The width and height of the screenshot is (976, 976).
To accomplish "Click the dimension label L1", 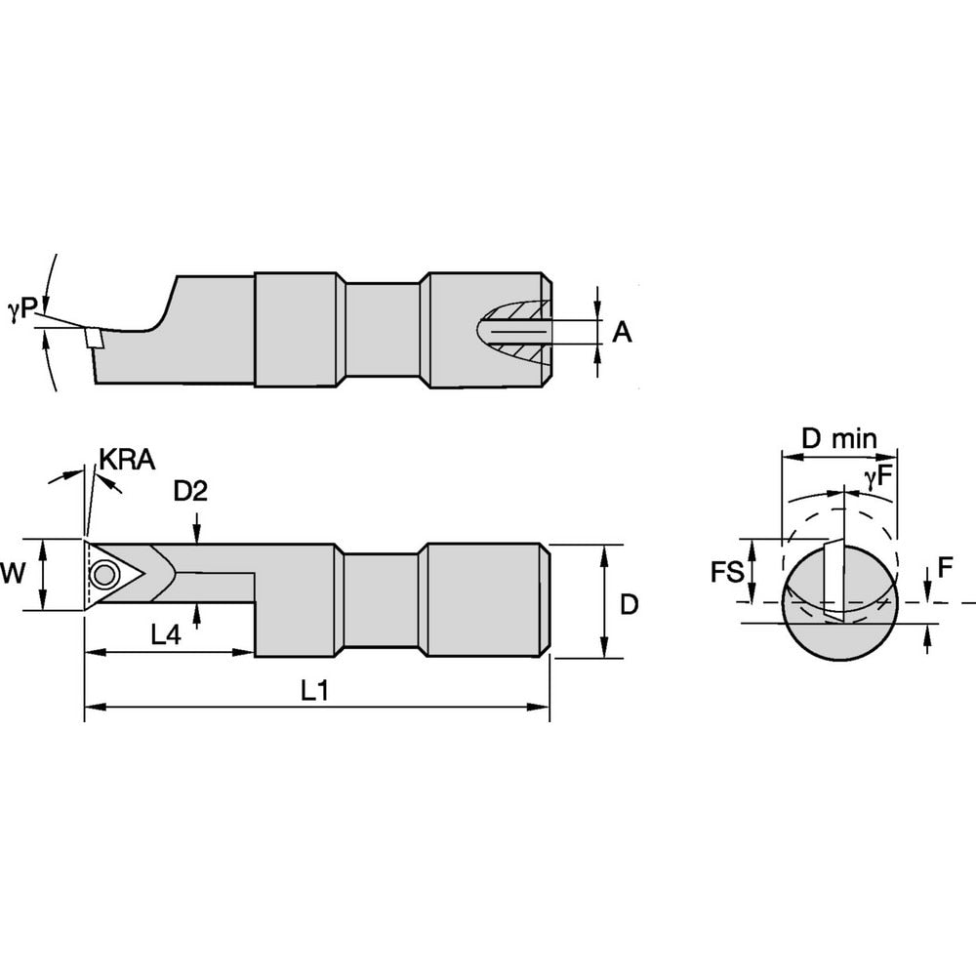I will click(312, 691).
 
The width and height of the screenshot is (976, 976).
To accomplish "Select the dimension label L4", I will click(166, 634).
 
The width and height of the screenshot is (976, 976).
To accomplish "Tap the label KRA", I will click(127, 461).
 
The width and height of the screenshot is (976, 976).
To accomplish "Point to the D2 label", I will click(190, 492).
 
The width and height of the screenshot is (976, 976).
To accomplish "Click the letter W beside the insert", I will click(12, 574).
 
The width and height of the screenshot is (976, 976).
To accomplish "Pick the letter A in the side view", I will click(622, 333).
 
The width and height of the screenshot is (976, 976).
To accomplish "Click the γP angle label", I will click(21, 309).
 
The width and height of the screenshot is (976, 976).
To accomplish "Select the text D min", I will click(837, 438).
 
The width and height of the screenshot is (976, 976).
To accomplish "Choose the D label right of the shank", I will click(629, 604).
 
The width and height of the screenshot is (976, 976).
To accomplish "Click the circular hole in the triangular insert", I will click(101, 573).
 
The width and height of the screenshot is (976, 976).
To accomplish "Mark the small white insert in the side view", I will click(93, 337).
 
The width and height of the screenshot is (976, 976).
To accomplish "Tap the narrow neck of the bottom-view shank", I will click(382, 599).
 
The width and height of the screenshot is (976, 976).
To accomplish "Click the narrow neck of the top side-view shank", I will click(382, 332).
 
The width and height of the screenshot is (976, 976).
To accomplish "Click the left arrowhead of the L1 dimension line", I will click(90, 706).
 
